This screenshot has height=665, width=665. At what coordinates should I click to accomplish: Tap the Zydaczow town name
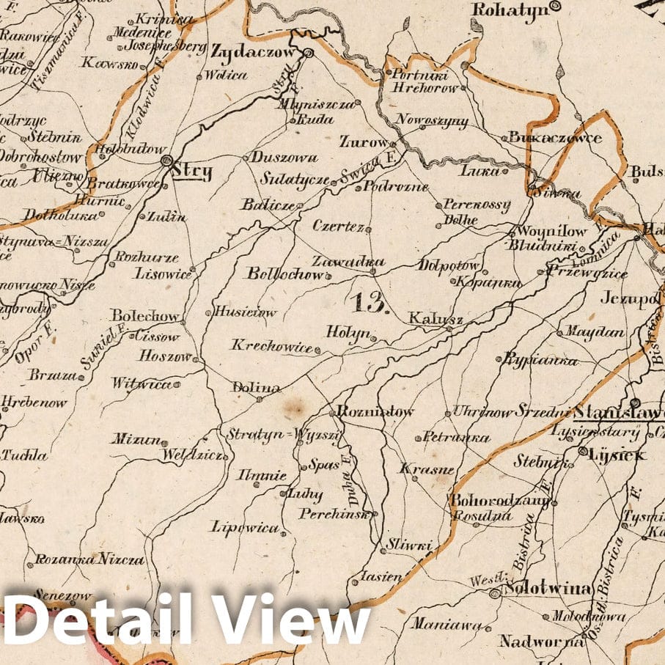[x=252, y=53]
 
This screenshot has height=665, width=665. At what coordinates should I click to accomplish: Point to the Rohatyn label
[x=510, y=10]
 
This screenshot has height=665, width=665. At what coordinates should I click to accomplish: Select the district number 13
[x=368, y=302]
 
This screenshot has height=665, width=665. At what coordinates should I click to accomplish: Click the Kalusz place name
[x=425, y=319]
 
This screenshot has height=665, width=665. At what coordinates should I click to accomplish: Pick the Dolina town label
[x=246, y=387]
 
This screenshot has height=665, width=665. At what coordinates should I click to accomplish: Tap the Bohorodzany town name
[x=499, y=501]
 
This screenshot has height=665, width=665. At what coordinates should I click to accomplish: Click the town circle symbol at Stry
[x=166, y=161]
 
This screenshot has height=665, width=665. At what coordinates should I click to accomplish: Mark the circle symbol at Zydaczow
[x=309, y=53]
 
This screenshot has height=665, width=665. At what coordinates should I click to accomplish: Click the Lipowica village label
[x=245, y=527]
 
